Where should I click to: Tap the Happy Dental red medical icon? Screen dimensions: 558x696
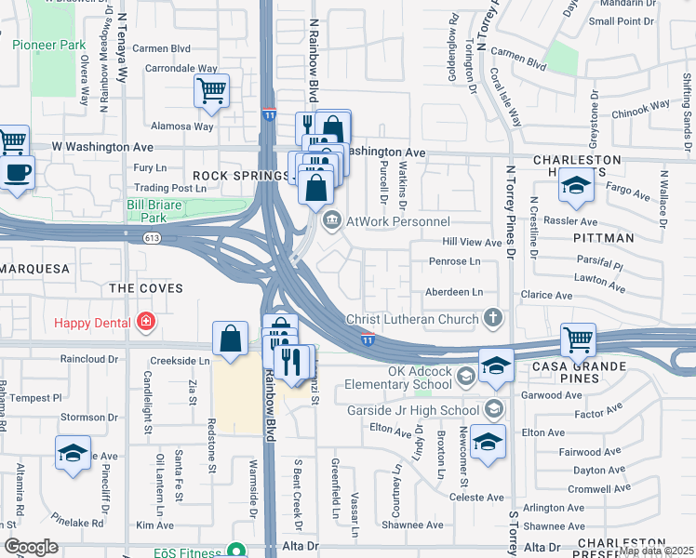point(145,323)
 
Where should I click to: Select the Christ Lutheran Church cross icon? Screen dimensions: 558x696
point(494,319)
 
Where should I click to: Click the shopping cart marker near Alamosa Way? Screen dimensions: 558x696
point(212,91)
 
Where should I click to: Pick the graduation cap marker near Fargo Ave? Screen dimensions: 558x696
point(576,186)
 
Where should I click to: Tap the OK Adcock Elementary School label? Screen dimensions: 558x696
point(397,377)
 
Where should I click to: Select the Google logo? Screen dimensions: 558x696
point(31,547)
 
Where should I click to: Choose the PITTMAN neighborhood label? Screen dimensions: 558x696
point(609,238)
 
